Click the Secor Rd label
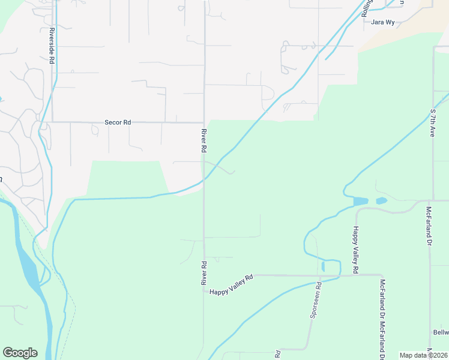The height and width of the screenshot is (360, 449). [118, 122]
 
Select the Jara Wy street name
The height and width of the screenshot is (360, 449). [382, 22]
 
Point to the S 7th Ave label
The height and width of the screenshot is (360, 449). [432, 122]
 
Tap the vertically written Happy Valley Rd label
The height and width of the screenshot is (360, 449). [355, 251]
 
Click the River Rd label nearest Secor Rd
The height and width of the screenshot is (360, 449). [204, 140]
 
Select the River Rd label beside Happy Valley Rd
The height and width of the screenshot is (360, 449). [204, 273]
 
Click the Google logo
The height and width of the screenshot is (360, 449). [20, 353]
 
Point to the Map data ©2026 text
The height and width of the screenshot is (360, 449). [423, 355]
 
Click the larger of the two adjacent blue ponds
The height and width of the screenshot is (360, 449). [361, 202]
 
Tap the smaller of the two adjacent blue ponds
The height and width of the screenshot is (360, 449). [381, 200]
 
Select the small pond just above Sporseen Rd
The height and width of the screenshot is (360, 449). [323, 266]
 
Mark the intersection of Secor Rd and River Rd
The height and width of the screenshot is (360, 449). [204, 122]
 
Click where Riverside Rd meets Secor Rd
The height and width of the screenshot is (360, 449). [53, 122]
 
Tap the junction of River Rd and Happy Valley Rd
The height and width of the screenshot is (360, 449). [204, 290]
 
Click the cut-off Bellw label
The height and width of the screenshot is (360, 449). [441, 332]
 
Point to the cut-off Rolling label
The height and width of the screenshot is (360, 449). [367, 8]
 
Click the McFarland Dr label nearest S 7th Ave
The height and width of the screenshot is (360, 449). [429, 226]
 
